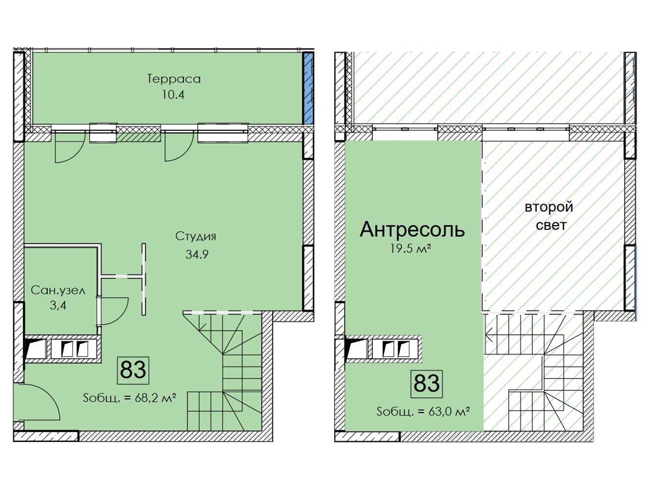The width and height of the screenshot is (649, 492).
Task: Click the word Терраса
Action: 174,79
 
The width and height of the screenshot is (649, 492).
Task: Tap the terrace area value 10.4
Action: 173,95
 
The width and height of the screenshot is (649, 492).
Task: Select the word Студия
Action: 196,236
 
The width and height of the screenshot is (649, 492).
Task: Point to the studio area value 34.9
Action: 197,254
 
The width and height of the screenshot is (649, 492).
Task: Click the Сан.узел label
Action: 58,291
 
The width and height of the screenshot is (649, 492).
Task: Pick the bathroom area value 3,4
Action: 58,305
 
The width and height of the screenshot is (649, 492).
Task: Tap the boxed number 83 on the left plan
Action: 133,370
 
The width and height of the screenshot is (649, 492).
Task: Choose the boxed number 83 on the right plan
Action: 427,384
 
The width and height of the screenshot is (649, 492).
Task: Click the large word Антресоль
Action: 412,230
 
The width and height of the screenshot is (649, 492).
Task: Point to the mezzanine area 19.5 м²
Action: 410,249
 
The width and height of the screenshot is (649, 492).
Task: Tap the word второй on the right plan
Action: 549,207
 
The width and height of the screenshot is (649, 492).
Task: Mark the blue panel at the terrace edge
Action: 309,88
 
